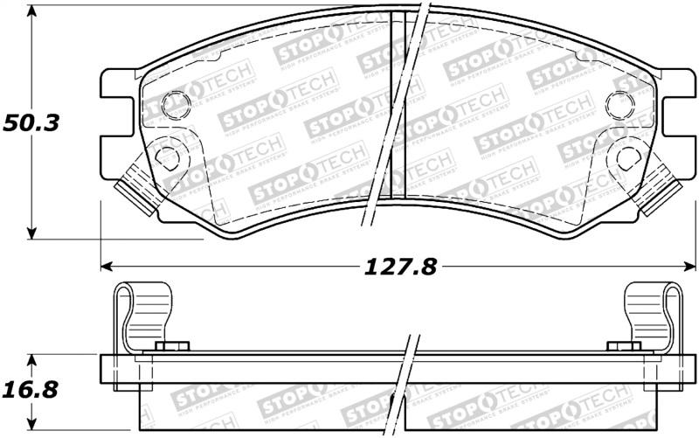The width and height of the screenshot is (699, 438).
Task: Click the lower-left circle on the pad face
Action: pyautogui.click(x=165, y=157)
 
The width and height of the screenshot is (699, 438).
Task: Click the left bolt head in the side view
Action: pyautogui.click(x=172, y=347)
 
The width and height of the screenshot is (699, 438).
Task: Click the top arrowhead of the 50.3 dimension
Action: pyautogui.click(x=33, y=16)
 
